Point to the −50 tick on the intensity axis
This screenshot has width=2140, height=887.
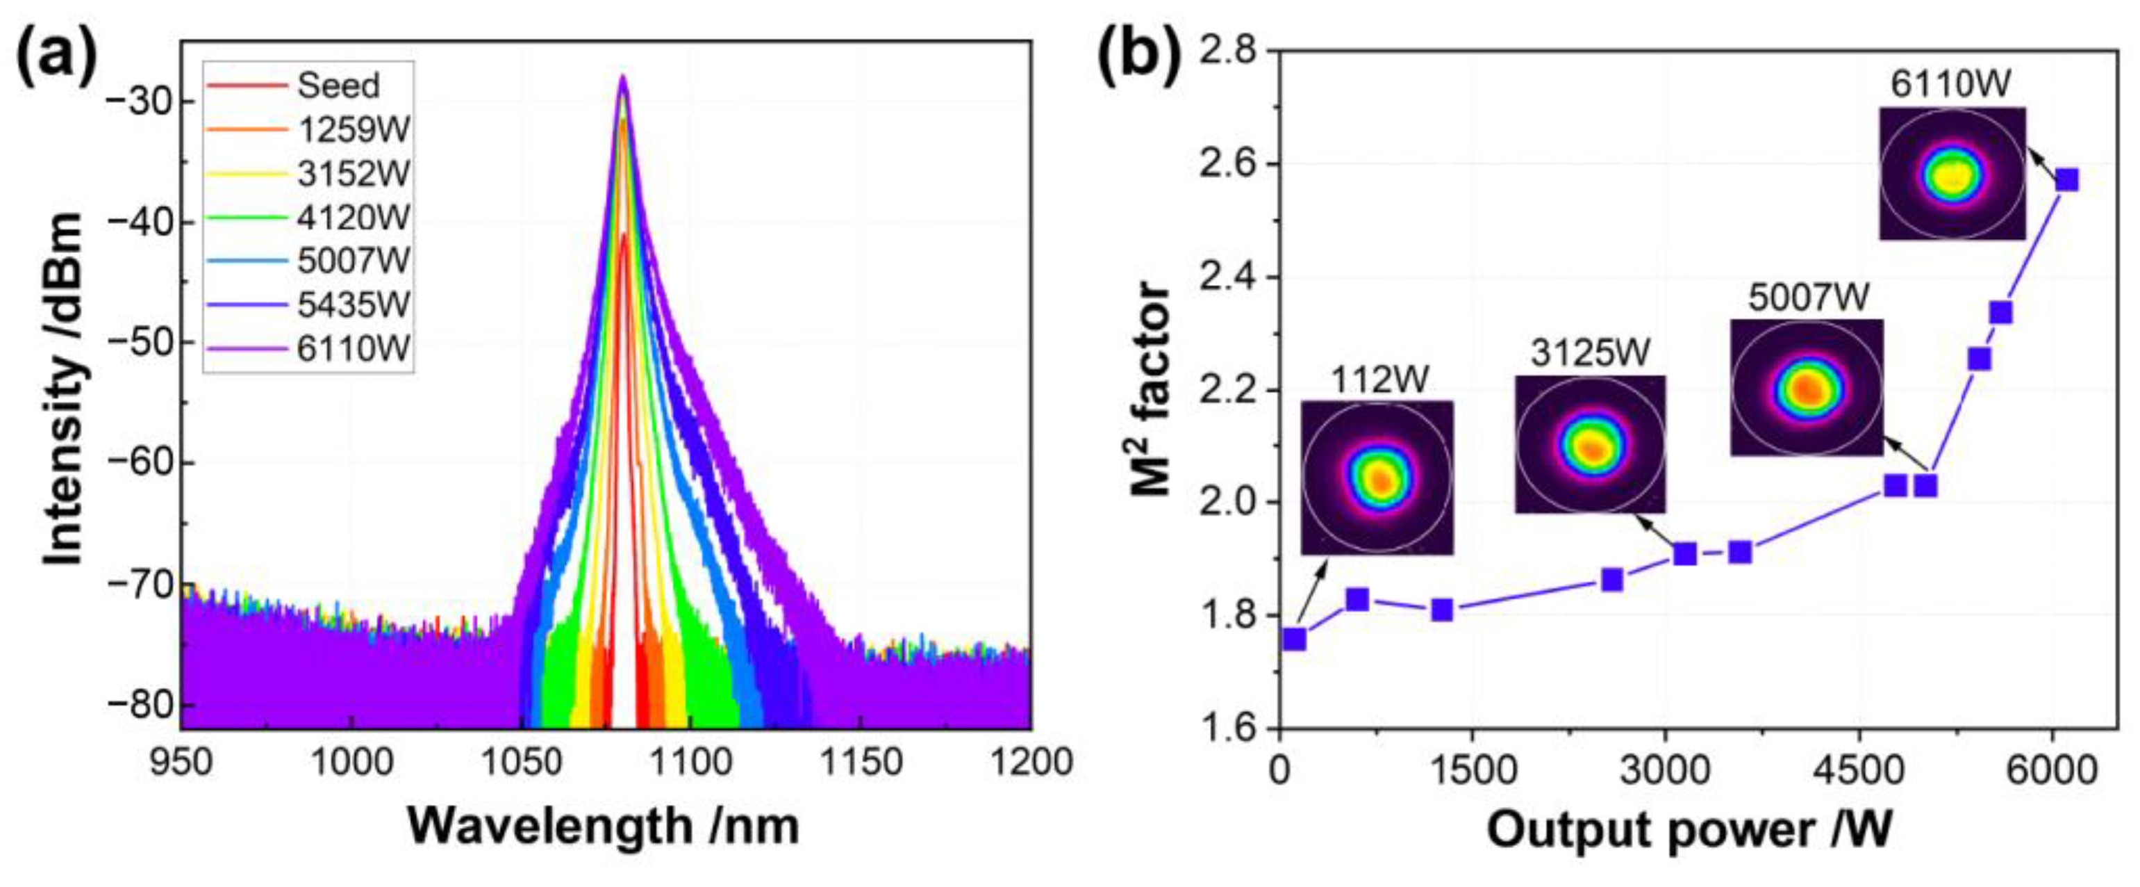140,343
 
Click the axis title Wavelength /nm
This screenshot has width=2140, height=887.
604,827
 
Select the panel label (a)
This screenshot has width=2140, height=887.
56,58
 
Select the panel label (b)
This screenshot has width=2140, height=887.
1138,58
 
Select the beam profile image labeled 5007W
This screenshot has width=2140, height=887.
1806,387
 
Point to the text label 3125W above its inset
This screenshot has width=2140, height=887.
1590,353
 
